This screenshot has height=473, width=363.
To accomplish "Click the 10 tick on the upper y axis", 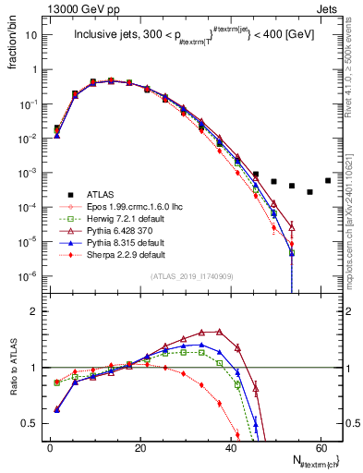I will (32, 34).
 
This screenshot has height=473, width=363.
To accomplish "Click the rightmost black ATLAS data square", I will (327, 180).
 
